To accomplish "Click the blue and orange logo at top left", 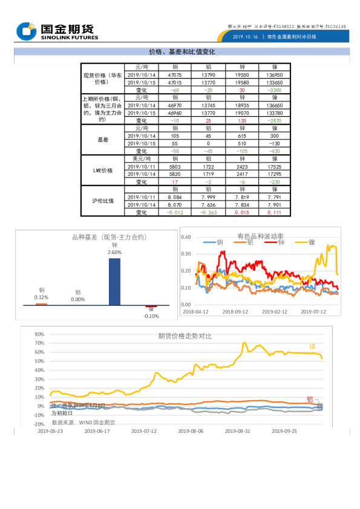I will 27,31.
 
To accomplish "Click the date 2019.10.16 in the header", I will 245,37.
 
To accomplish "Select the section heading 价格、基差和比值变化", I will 182,52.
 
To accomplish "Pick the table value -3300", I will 274,90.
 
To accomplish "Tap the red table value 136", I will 242,121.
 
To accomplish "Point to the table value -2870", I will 274,121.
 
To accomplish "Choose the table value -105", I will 242,151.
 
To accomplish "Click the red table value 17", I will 175,182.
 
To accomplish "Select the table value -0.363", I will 208,213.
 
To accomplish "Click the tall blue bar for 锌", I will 114,281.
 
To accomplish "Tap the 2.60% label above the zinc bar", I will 114,252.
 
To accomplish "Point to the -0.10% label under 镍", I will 151,316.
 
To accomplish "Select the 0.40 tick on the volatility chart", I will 186,237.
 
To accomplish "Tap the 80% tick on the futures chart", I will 39,334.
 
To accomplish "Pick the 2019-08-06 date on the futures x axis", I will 191,432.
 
